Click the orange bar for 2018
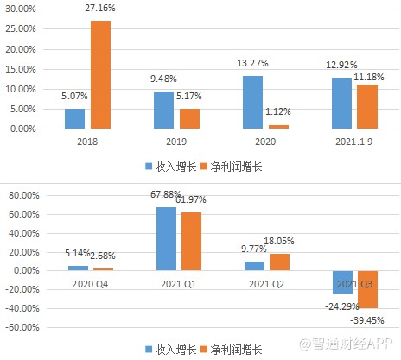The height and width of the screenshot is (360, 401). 100,74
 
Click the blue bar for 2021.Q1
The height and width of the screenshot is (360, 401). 167,238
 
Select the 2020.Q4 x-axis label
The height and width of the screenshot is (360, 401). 90,282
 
